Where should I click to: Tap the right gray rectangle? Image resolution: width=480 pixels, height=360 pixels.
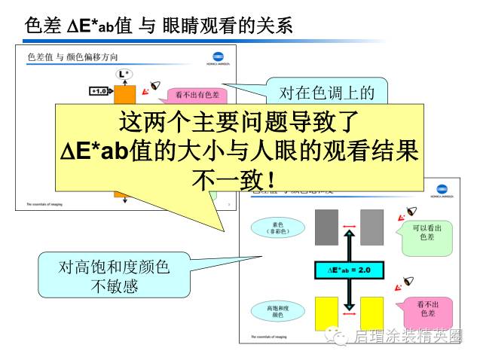point(371,226)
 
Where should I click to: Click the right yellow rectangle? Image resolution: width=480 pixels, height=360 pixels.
point(371,313)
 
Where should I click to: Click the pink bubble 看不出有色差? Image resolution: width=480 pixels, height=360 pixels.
point(197,95)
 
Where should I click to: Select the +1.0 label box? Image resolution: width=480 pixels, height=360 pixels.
point(99,91)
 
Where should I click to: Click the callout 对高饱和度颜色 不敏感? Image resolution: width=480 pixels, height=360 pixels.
point(114,276)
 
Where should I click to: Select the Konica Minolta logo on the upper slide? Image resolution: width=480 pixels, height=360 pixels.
point(219,59)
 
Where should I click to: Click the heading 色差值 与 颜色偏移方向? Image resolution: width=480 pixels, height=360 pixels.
point(72,57)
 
